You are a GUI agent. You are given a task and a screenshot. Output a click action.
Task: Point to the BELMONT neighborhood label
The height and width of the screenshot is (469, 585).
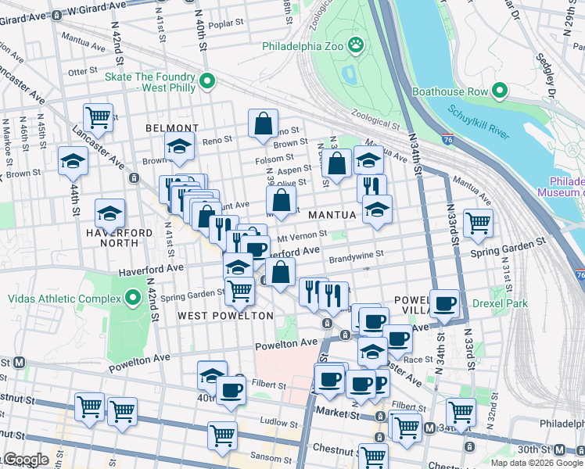coord(171,128)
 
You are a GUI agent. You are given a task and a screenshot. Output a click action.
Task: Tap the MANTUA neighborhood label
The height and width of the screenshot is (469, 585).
coord(332,213)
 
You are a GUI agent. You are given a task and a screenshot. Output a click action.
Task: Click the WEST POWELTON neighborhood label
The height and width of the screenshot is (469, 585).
coord(225,316)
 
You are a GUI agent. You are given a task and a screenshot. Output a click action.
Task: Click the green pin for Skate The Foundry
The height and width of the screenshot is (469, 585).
coord(207,81)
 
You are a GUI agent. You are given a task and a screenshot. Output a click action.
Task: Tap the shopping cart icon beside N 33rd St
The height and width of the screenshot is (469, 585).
coord(477,222)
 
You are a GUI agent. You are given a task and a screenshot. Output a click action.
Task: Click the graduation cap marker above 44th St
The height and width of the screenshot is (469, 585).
coord(73,160)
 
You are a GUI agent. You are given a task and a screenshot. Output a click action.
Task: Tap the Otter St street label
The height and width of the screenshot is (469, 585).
coord(82,71)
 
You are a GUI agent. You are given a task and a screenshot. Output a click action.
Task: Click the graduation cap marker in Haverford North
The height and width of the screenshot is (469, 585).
coord(109,213)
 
